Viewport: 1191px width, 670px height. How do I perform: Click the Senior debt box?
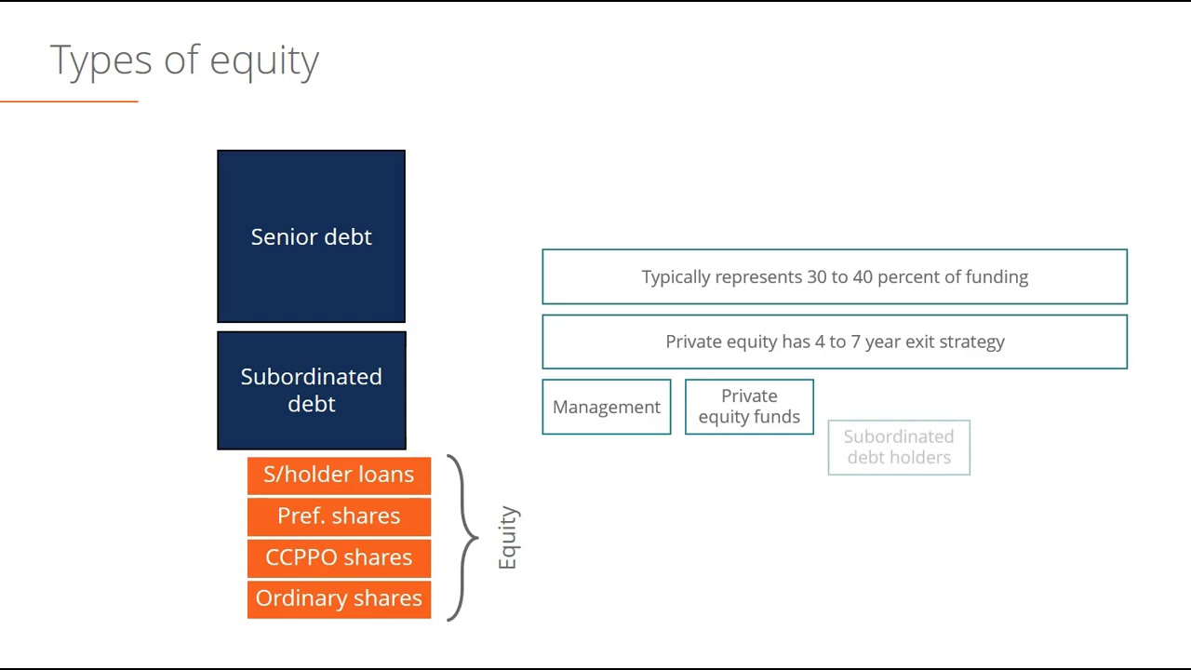311,236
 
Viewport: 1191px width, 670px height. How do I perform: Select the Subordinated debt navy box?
311,390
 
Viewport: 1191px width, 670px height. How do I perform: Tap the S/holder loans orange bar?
339,475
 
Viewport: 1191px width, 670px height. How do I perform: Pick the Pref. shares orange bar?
339,516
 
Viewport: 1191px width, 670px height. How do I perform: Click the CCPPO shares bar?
339,557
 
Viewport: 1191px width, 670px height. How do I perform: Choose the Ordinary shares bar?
339,598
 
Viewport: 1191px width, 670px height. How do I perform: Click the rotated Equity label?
508,538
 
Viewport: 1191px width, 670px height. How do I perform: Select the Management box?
606,407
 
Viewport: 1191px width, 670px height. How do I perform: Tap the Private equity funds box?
749,407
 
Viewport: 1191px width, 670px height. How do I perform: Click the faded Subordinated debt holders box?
899,448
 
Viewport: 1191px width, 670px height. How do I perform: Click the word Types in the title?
100,60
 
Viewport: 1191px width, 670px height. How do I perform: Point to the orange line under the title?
69,100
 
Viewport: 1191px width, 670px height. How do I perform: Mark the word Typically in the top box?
676,277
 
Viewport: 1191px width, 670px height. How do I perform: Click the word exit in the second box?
919,342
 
